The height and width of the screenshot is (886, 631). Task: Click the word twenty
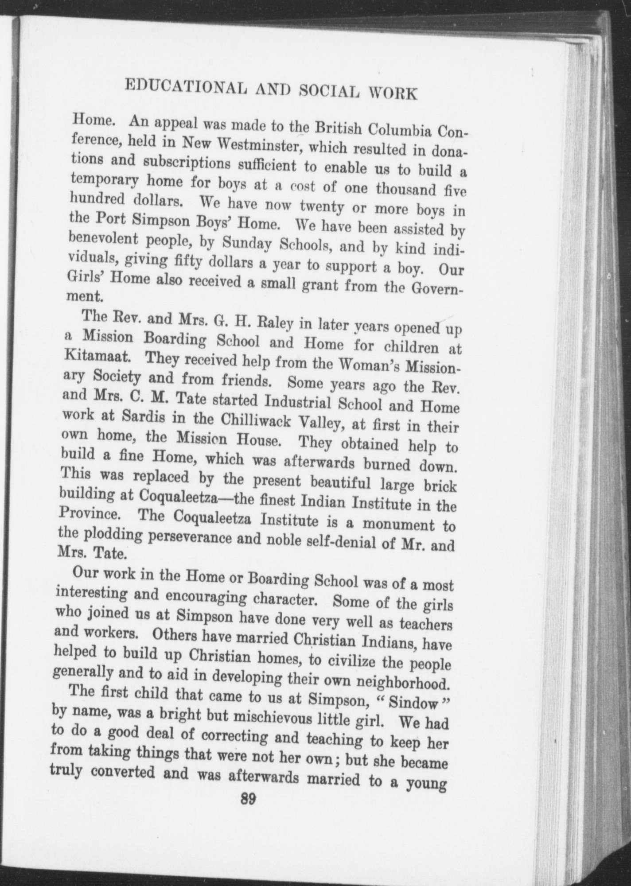pyautogui.click(x=322, y=206)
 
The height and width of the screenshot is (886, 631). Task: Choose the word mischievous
pyautogui.click(x=271, y=714)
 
